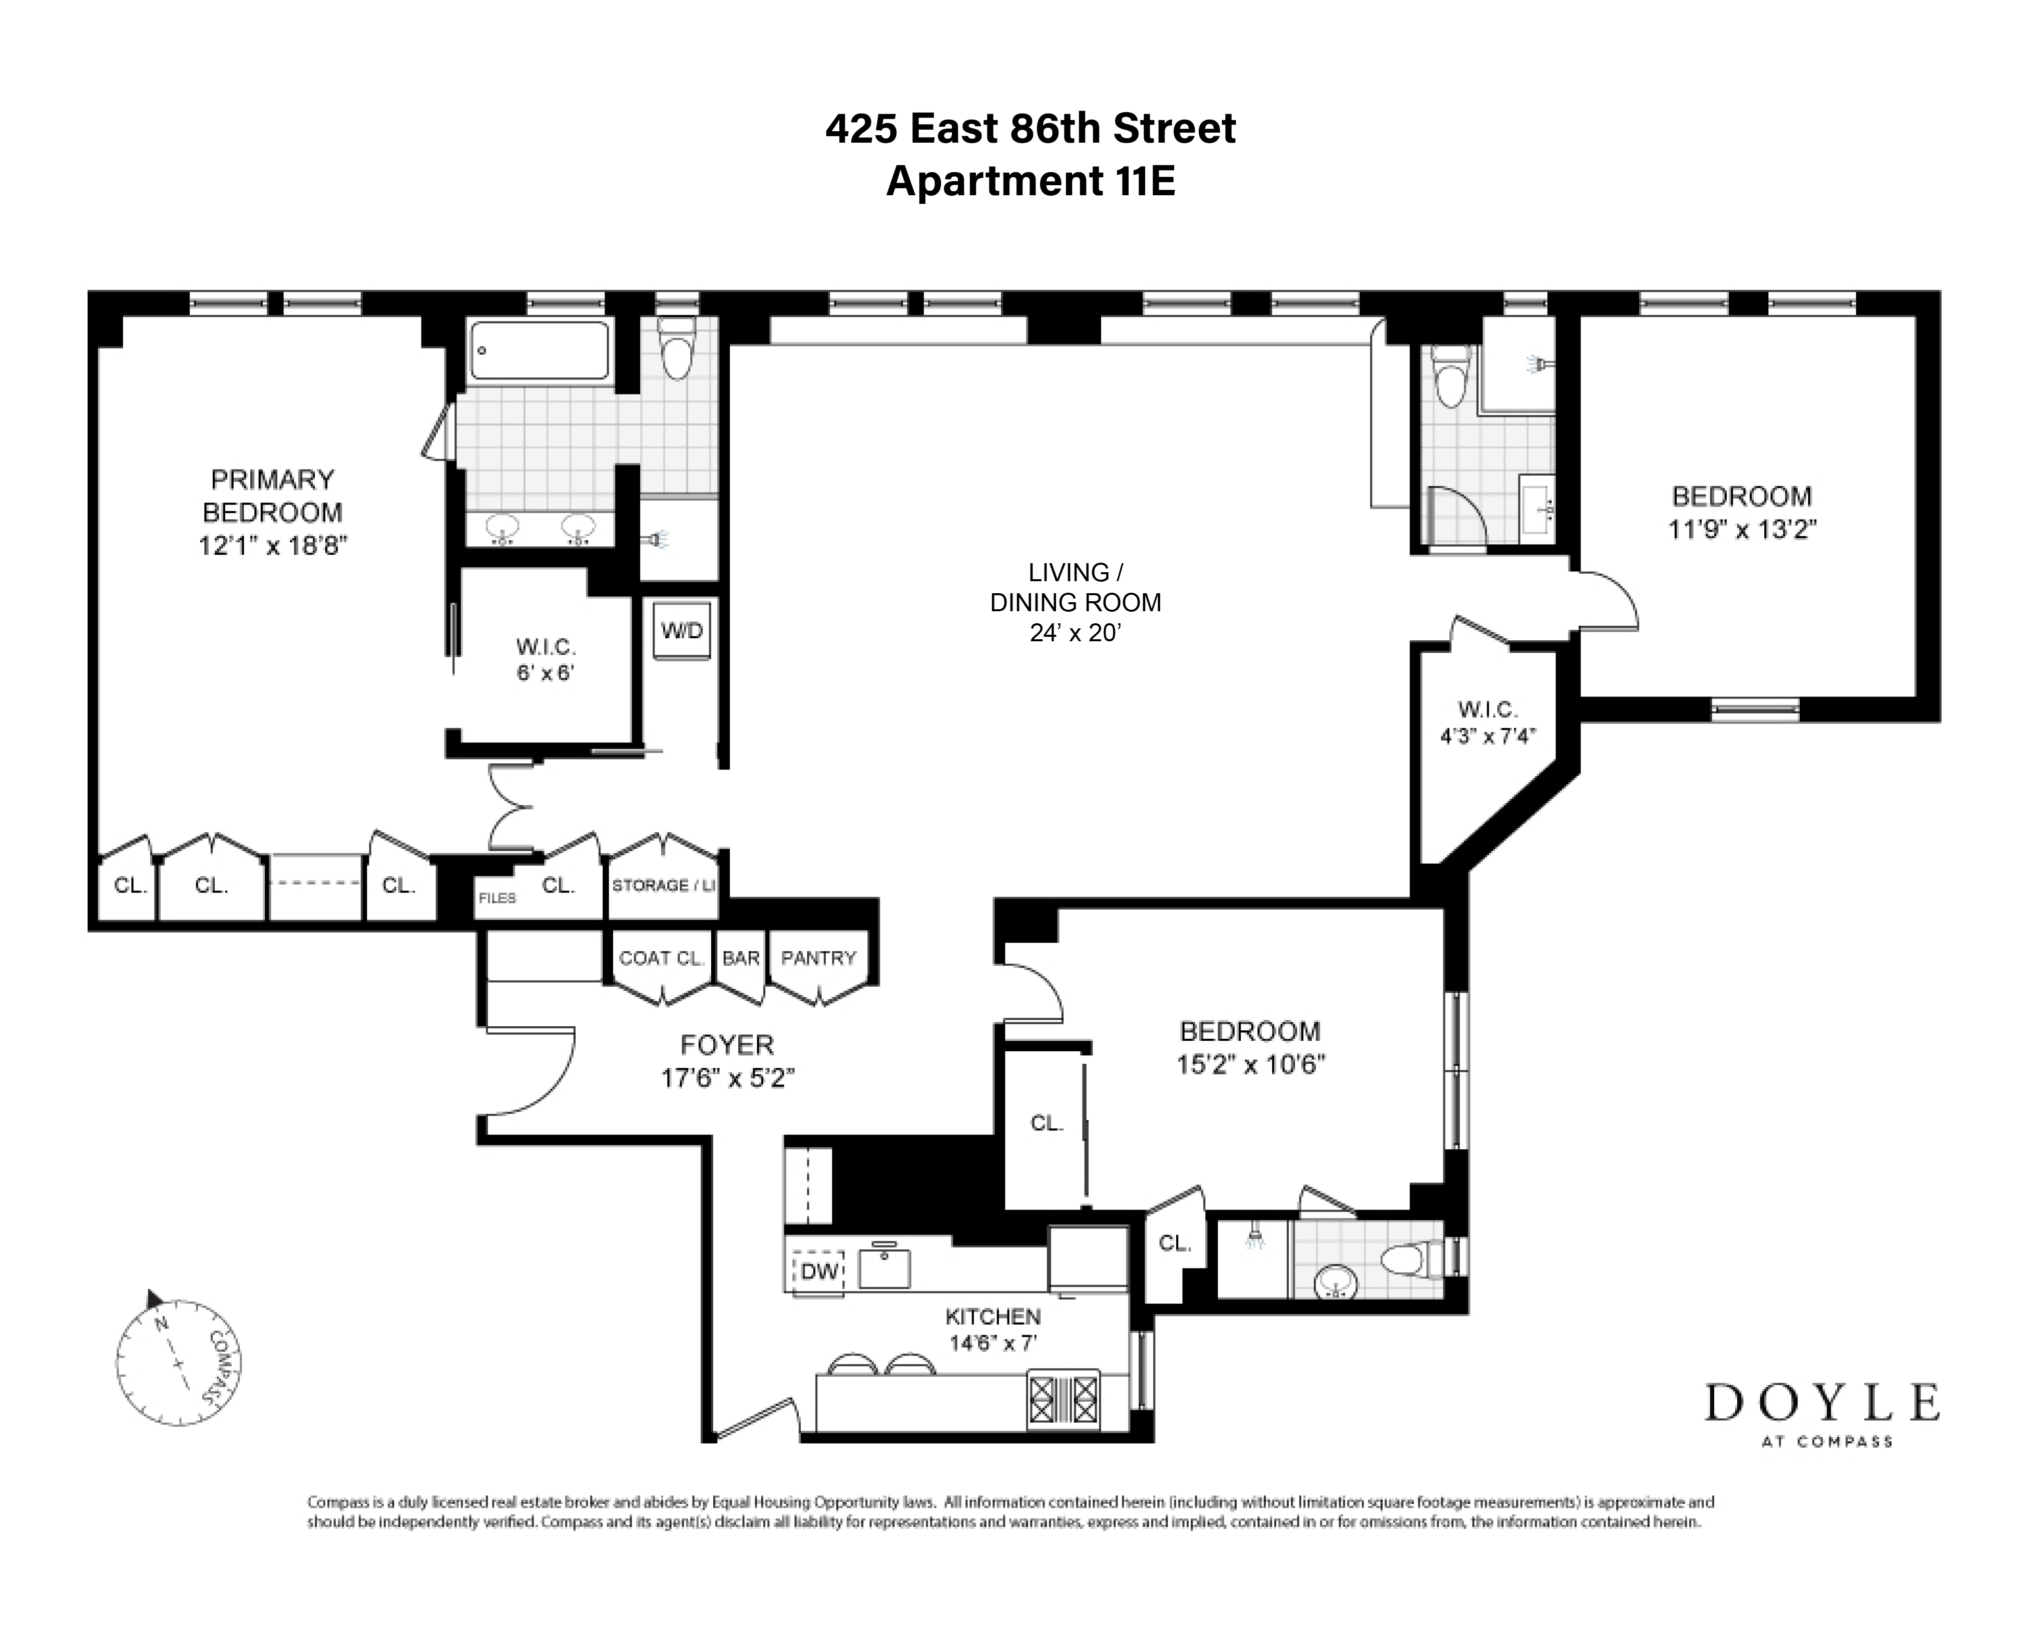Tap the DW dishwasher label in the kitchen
818,1272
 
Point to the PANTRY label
818,958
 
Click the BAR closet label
740,958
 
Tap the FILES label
496,898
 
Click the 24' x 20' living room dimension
1075,633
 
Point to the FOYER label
727,1045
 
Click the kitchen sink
884,1268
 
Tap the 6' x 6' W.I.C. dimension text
545,673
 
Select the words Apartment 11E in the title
1031,181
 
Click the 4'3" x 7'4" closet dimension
1487,735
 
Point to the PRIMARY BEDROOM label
272,496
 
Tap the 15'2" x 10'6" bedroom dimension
1250,1064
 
